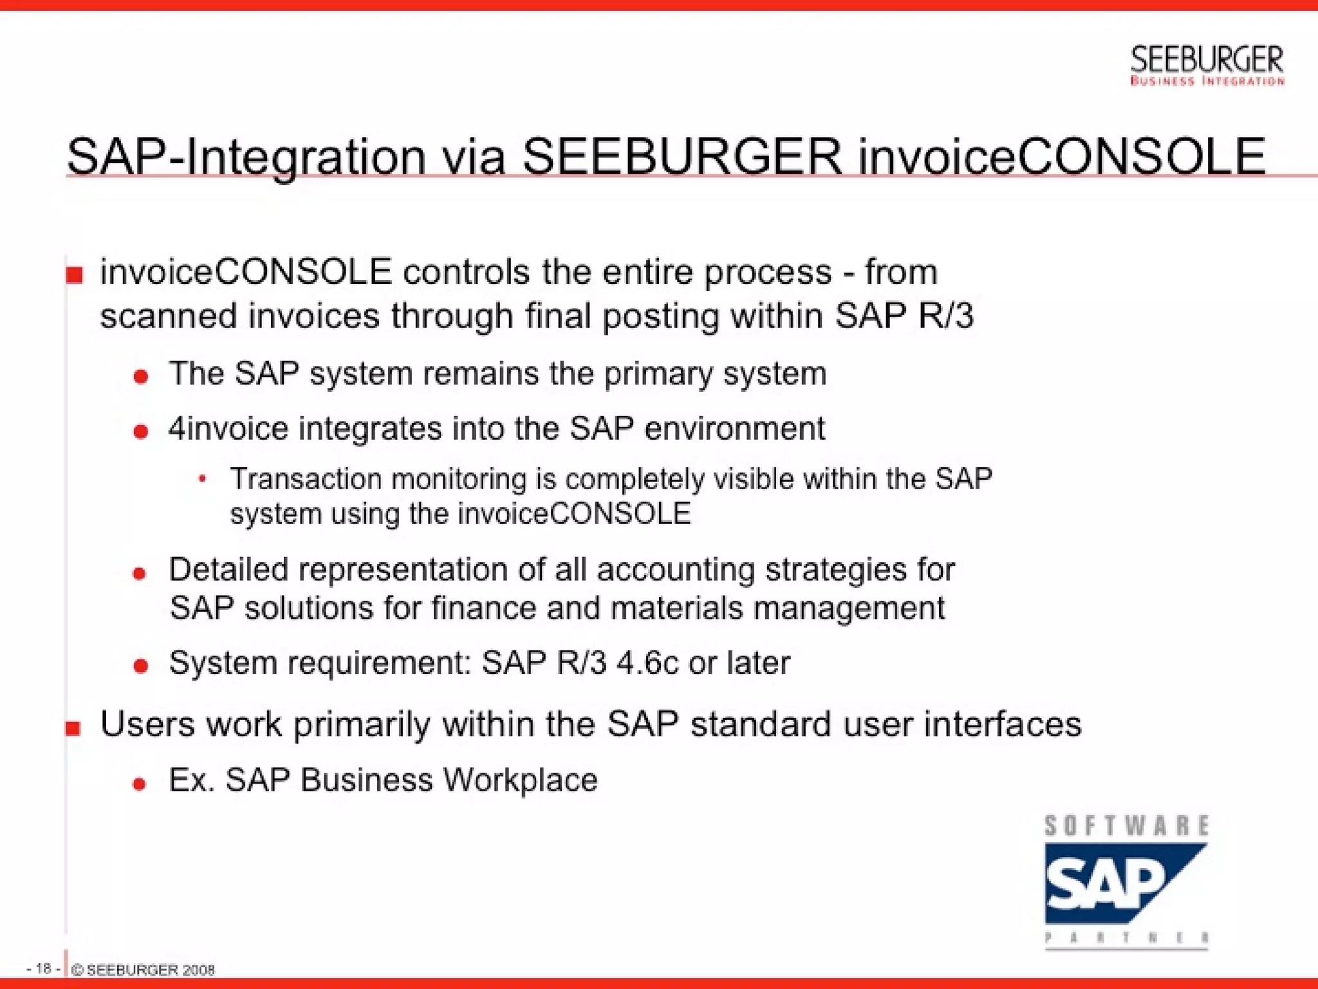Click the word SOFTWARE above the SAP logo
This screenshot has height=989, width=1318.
1126,826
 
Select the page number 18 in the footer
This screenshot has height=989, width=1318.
43,968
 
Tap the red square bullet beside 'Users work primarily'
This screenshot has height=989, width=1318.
73,728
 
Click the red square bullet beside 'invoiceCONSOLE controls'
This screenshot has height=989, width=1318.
75,276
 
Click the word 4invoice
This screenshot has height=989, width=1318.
228,428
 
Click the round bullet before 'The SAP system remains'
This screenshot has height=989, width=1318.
141,376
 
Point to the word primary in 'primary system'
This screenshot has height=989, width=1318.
658,374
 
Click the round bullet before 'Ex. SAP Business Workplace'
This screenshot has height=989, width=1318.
139,784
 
